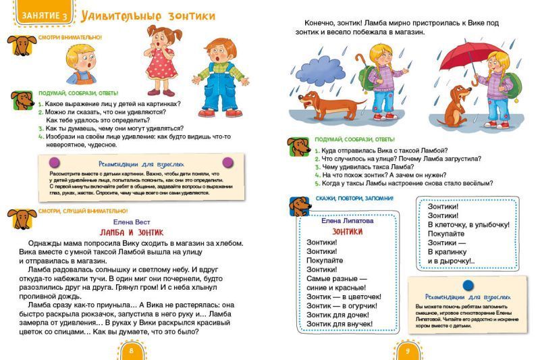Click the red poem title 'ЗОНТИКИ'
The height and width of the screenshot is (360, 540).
tap(343, 231)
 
